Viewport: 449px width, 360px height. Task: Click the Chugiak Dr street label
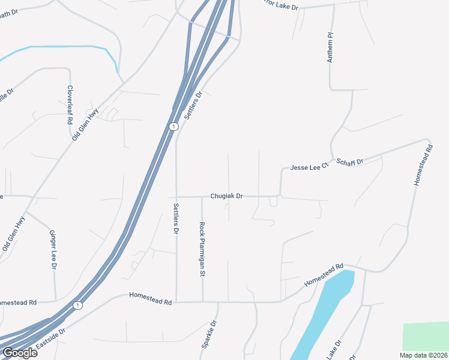pos(226,196)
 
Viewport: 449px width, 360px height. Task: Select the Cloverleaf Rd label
pos(70,105)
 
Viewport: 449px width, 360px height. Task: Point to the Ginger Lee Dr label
pos(53,249)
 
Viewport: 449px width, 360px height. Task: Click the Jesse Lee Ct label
pos(310,168)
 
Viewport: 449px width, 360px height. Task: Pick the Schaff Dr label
pos(350,162)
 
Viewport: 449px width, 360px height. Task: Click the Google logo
pos(20,353)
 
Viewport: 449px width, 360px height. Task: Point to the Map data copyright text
pos(423,355)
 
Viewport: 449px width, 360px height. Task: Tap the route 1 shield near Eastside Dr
pos(77,306)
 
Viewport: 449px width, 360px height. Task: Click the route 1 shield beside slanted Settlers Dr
pos(173,127)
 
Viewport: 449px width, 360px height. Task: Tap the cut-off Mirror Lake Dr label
pos(273,5)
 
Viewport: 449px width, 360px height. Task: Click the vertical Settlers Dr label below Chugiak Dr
pos(176,218)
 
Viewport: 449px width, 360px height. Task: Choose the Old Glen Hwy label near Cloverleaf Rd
pos(85,125)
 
